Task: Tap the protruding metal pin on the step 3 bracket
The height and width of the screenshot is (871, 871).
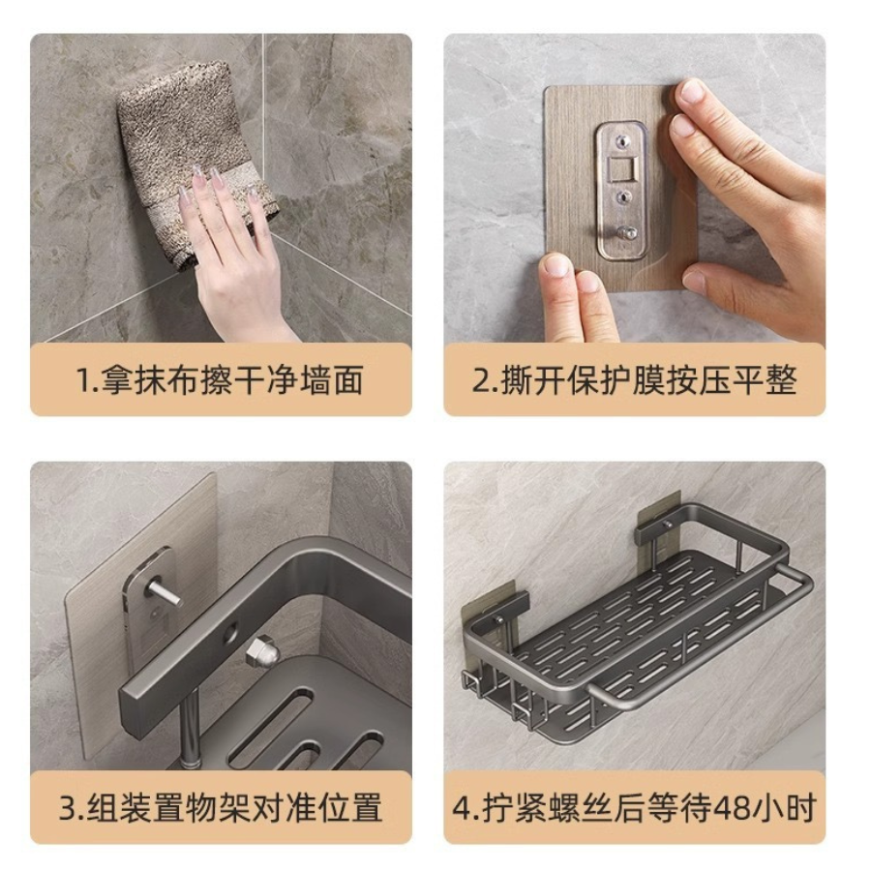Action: (163, 592)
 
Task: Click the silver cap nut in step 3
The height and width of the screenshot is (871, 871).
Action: (262, 650)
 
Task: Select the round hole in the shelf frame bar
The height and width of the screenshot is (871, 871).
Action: (229, 632)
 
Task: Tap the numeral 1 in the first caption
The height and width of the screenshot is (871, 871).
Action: (83, 380)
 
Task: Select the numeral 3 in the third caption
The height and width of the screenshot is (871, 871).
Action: (67, 808)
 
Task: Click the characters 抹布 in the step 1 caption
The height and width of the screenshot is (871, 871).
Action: (167, 380)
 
